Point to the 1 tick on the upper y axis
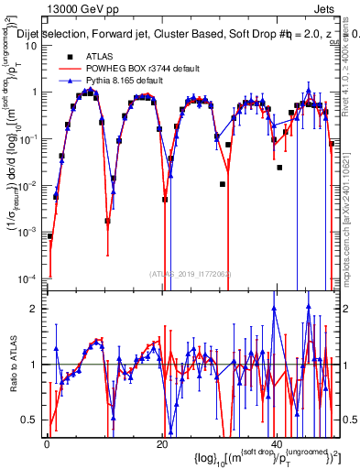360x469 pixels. point(36,92)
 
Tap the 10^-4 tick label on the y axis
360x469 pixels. point(28,278)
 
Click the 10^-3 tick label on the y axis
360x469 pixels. point(28,231)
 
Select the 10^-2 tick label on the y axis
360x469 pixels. point(28,184)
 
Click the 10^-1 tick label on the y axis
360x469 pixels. point(28,138)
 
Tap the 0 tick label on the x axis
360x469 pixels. point(46,443)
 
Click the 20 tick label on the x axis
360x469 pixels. point(162,443)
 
